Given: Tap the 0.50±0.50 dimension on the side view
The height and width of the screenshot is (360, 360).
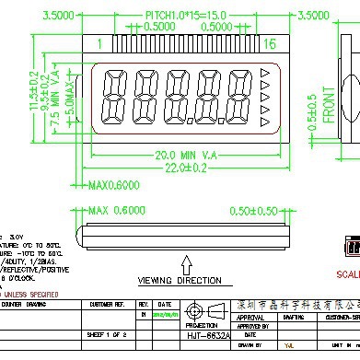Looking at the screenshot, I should [x=256, y=211].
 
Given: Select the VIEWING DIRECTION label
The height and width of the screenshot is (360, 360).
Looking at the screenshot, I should [x=180, y=280].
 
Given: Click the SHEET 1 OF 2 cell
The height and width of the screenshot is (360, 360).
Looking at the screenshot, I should [x=108, y=337].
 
